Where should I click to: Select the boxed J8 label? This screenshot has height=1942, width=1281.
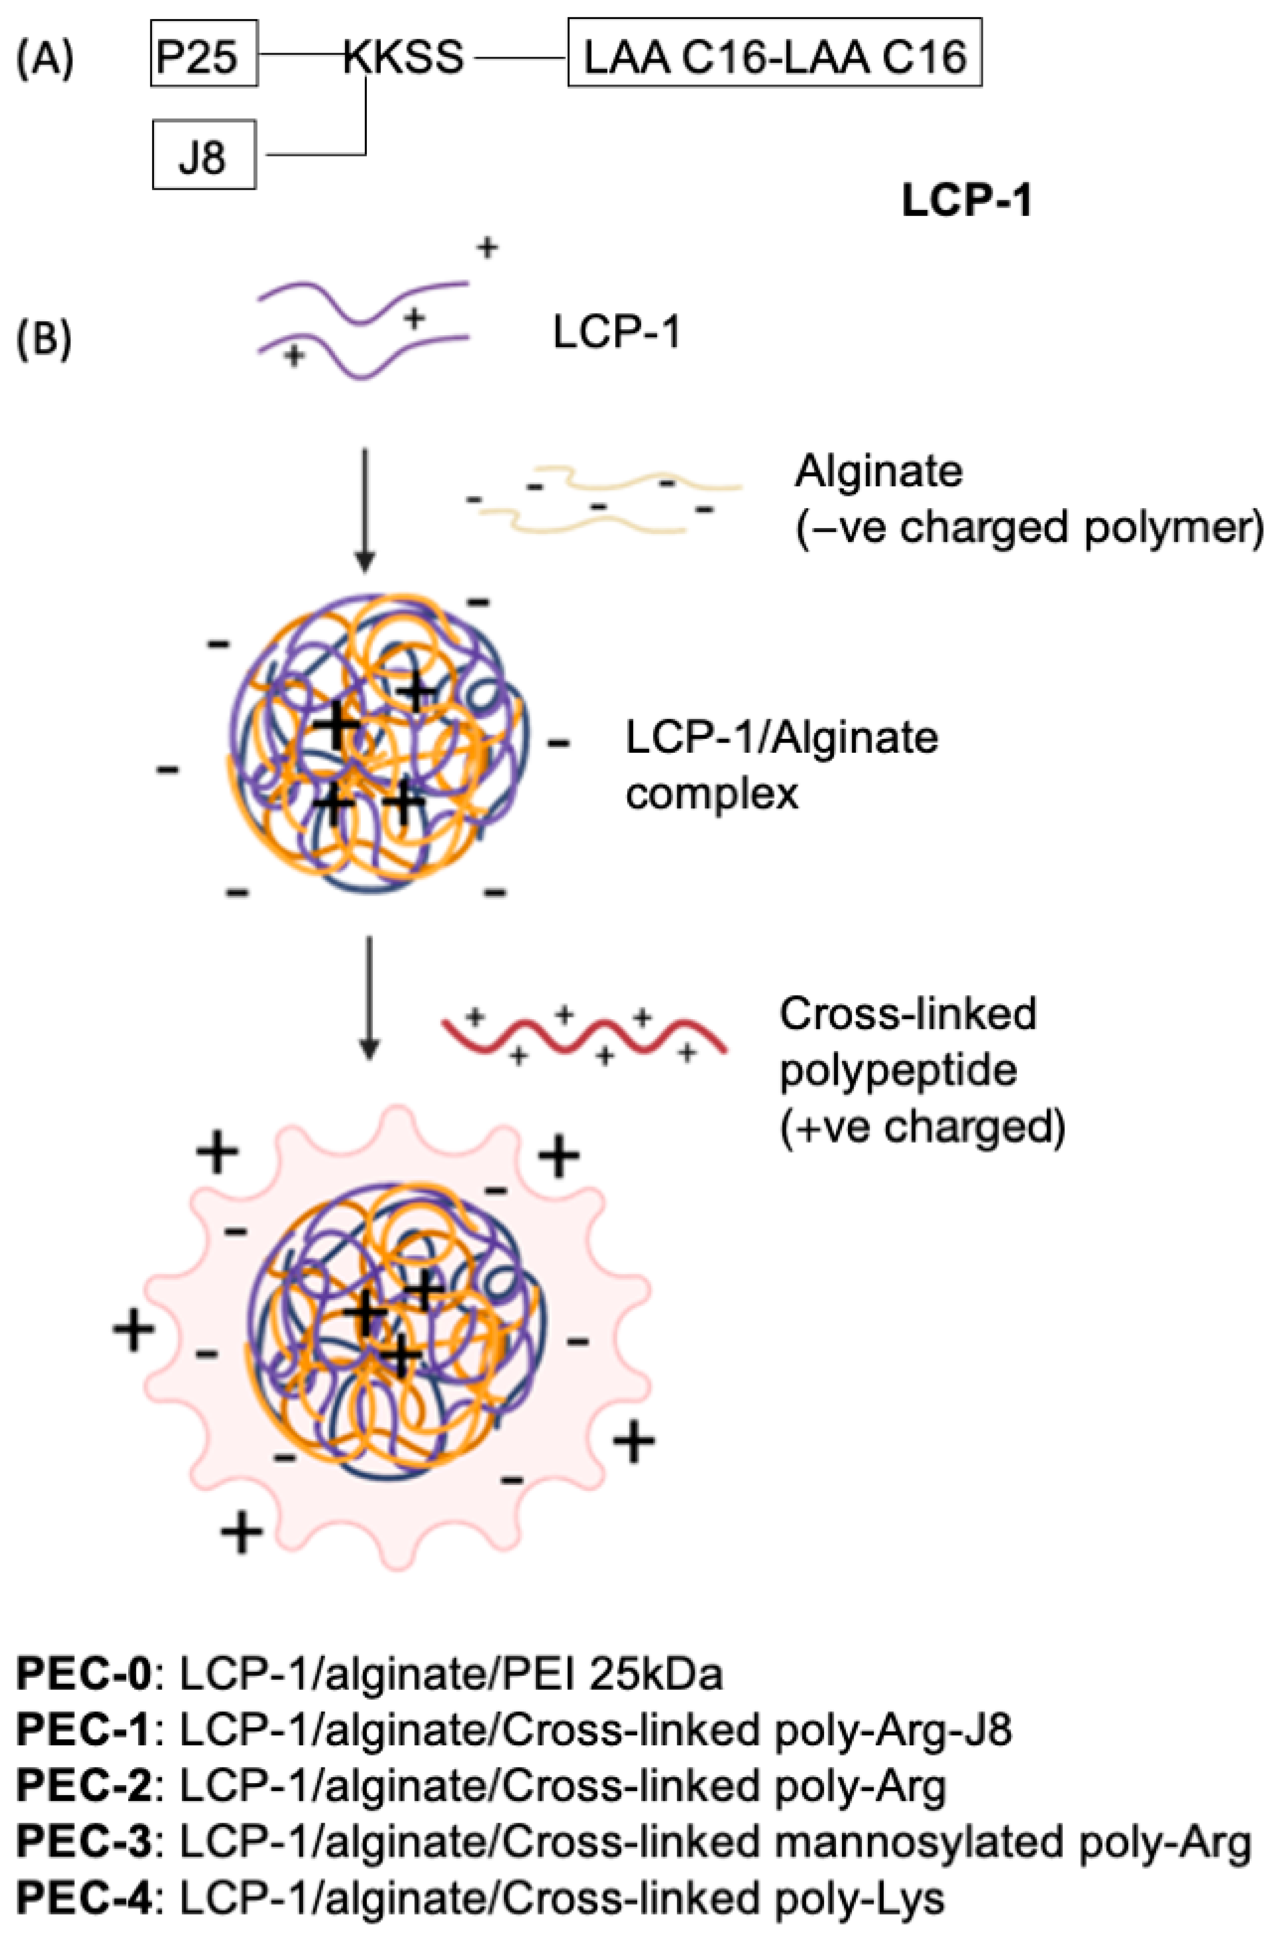coord(203,155)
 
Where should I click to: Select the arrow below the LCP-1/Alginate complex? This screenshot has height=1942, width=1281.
coord(369,997)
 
